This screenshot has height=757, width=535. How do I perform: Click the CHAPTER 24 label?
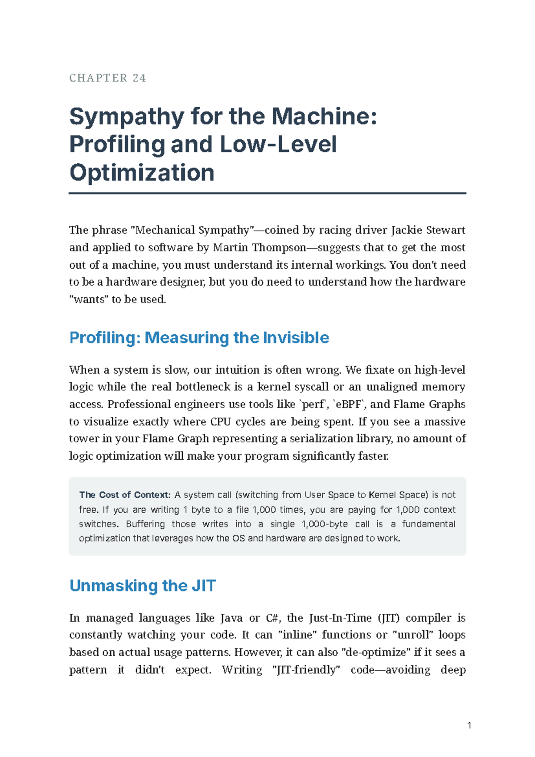coord(107,78)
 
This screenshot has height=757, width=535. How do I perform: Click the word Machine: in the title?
coord(324,116)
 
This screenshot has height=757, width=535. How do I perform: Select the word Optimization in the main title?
coord(142,172)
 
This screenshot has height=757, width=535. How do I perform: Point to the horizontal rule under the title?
coord(267,193)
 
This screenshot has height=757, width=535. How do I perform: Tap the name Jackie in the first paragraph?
coord(407,230)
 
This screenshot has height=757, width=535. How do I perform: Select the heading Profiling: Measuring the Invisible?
coord(199,337)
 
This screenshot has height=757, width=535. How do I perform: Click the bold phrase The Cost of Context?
coord(125,495)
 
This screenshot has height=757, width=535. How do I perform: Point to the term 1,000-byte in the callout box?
coord(325,524)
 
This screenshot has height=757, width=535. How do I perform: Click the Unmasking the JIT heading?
coord(143,586)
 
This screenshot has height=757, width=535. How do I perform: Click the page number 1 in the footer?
coord(469,726)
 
